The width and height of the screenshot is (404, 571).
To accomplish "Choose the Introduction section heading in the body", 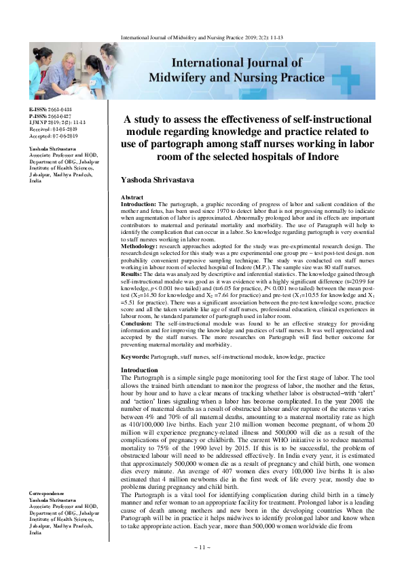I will [139, 370].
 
